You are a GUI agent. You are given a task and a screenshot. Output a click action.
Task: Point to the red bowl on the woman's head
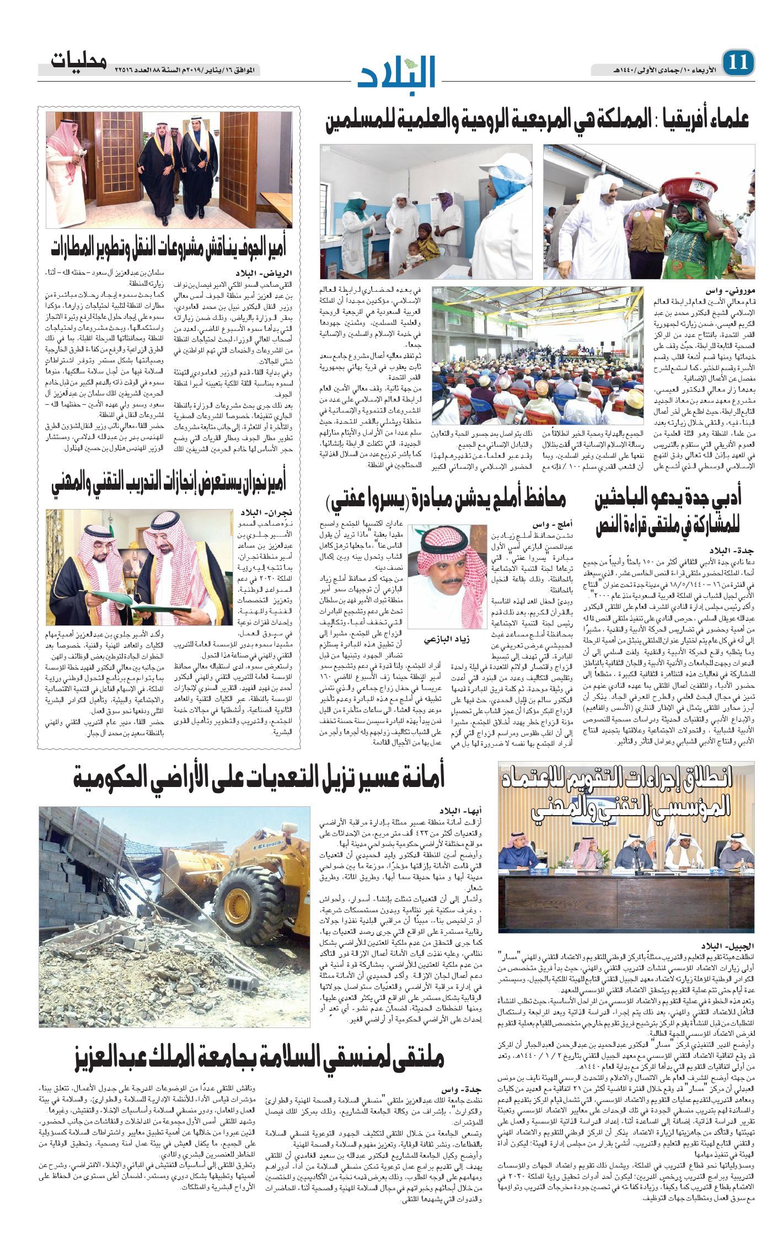click(x=691, y=189)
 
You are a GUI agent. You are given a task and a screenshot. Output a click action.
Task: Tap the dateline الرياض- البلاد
click(x=271, y=274)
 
